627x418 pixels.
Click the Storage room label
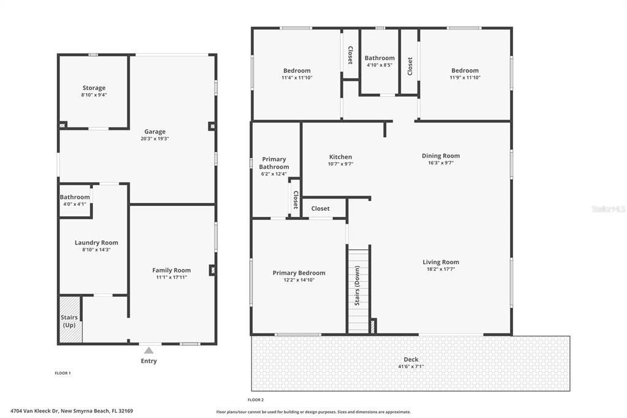[94, 88]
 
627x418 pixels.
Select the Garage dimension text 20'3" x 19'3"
[155, 139]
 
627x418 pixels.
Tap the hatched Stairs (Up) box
[70, 320]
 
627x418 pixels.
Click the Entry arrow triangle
[148, 351]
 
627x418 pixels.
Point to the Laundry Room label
[96, 243]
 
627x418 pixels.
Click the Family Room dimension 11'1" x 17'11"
[171, 277]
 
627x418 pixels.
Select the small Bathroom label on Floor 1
[75, 197]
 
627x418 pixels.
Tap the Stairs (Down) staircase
[359, 288]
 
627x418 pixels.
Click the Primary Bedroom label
[299, 273]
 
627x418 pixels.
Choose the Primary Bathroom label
[274, 163]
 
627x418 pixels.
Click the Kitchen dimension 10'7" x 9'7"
[340, 164]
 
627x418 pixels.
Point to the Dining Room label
[440, 156]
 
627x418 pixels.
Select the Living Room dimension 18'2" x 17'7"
[441, 269]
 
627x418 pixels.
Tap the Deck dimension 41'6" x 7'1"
[410, 367]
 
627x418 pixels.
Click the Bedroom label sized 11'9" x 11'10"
[465, 70]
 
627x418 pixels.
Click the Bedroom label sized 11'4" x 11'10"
[296, 70]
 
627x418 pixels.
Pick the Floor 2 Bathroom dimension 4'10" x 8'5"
[380, 65]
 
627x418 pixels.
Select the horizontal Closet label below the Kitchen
[320, 209]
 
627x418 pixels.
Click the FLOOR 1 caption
[63, 373]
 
